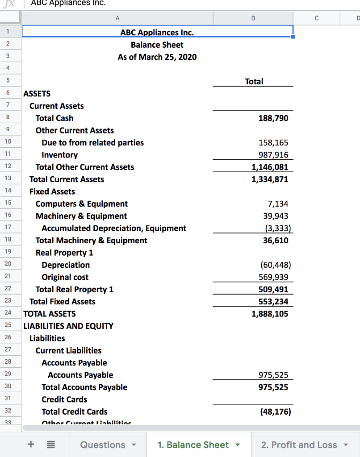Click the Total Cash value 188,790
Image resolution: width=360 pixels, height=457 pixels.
273,118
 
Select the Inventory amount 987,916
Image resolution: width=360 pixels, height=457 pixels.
273,155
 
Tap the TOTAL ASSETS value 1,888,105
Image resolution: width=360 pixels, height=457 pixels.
270,314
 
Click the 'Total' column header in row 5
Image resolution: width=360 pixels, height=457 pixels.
254,82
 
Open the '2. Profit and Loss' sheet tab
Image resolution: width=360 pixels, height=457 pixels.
299,445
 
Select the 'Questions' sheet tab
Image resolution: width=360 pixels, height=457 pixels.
103,445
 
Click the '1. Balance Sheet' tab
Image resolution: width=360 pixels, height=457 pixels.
193,445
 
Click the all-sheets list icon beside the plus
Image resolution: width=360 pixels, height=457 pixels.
51,445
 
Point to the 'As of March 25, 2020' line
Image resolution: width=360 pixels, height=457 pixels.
157,57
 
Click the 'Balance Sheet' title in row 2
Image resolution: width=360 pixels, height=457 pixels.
157,45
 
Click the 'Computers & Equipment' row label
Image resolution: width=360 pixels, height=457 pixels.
81,204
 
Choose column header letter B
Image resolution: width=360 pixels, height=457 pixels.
253,18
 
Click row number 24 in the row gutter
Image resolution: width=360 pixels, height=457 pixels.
8,313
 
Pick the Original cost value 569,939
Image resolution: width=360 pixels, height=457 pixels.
273,277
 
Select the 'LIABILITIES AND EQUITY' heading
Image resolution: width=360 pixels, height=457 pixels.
68,326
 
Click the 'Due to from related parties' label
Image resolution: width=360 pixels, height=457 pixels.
92,143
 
